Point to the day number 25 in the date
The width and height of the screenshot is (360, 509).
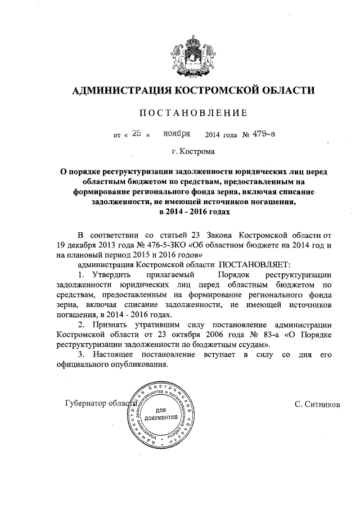click(136, 134)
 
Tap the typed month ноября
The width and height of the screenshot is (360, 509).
click(177, 134)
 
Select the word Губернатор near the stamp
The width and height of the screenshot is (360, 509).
click(88, 404)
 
